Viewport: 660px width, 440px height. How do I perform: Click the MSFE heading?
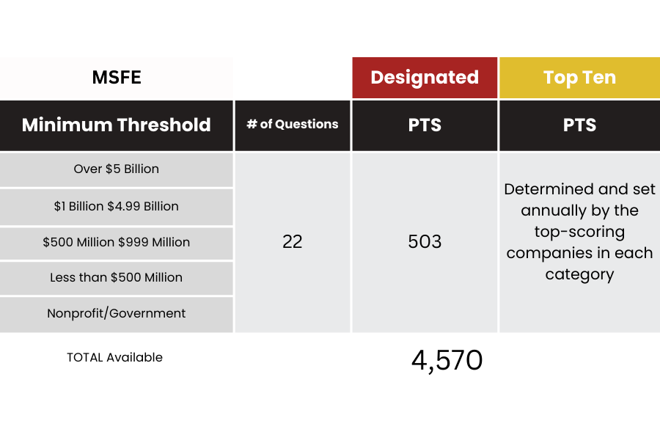[117, 78]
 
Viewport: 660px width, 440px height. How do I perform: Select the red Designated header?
[425, 78]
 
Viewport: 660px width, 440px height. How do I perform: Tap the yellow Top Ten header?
[579, 78]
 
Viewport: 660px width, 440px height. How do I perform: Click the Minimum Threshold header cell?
[116, 125]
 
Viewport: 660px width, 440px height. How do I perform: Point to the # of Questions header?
[293, 124]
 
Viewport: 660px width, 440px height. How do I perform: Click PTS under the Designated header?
[425, 125]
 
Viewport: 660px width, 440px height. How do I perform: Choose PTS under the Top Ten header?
[579, 125]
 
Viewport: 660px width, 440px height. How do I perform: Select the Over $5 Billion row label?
[116, 169]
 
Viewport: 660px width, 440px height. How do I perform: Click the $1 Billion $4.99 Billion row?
[116, 206]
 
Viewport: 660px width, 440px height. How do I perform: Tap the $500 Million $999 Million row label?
[116, 242]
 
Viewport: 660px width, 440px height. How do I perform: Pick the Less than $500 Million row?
[116, 277]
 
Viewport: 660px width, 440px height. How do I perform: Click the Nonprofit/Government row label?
[116, 313]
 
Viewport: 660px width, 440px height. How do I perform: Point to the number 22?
[293, 242]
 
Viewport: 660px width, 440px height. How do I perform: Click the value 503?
[425, 242]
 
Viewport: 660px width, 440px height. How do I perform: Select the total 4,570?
[447, 361]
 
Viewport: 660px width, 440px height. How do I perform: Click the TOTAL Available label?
[114, 357]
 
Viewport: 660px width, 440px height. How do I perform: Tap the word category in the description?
[579, 274]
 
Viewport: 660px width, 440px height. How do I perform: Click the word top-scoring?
[579, 232]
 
